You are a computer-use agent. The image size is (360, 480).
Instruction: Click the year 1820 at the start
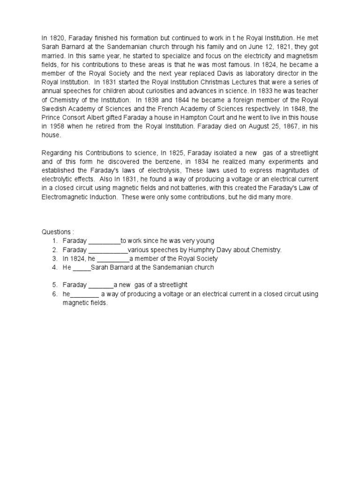pos(57,37)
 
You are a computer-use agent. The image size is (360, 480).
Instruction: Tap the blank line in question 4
pos(82,268)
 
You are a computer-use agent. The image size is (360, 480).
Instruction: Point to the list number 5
pos(54,285)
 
